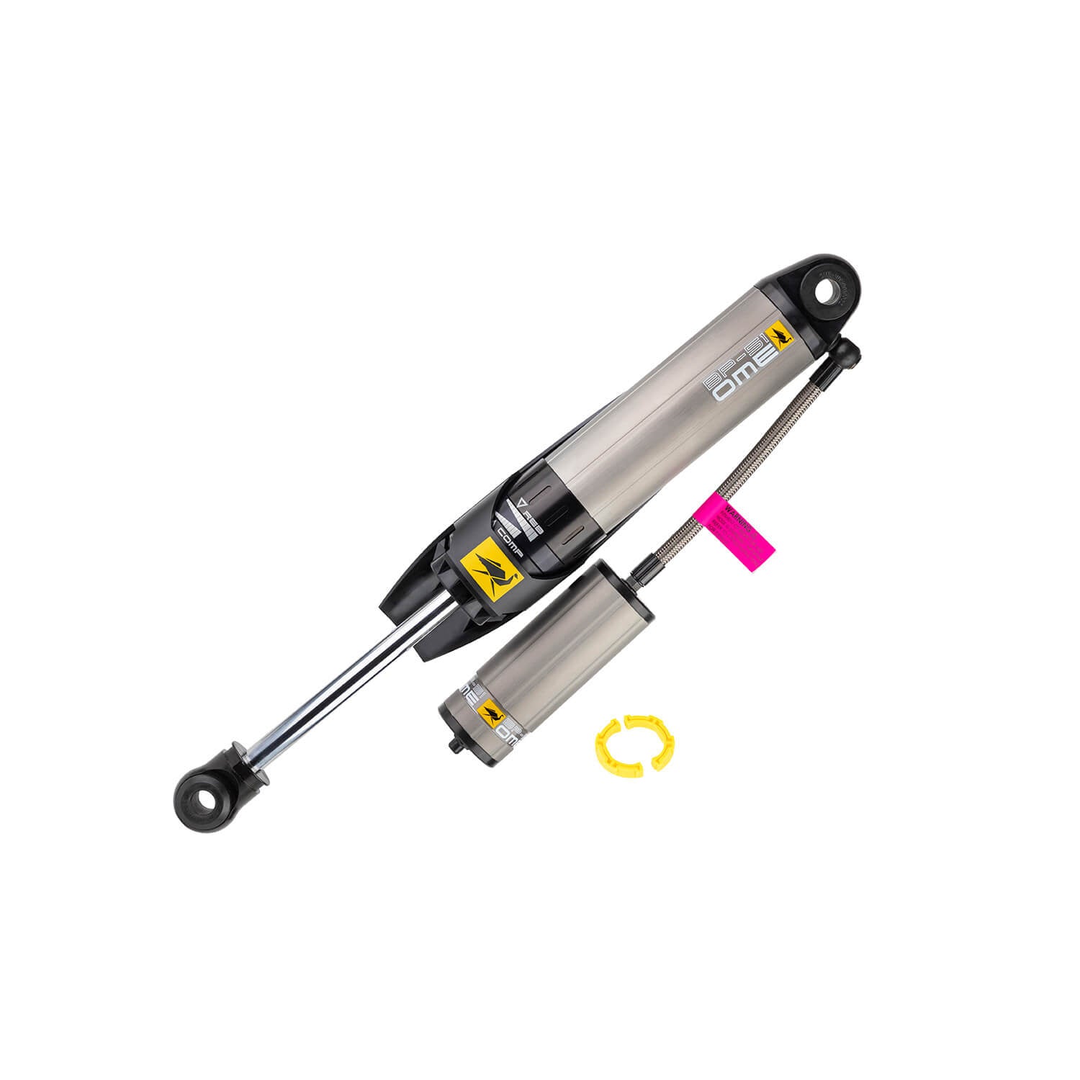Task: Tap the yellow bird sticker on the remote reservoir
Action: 490,713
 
